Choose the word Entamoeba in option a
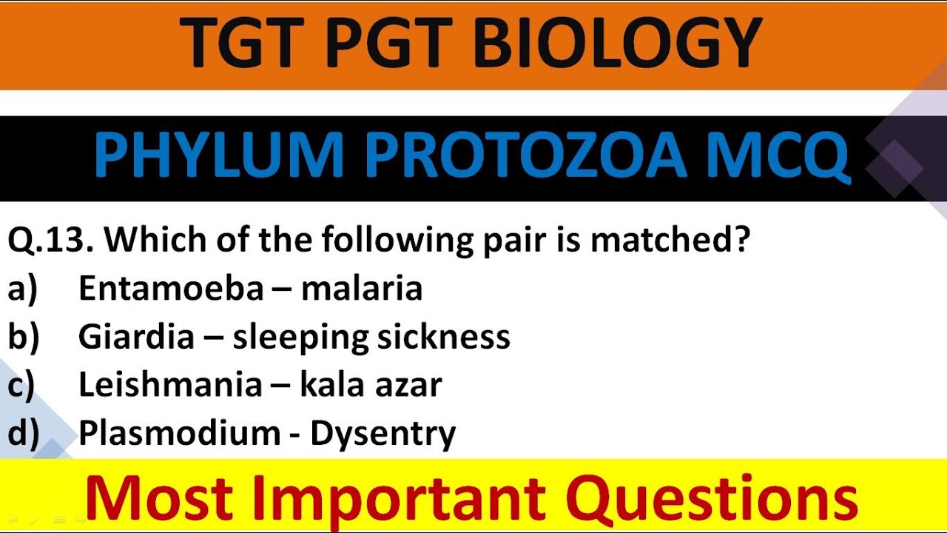pos(171,289)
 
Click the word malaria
pos(362,289)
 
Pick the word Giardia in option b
pos(136,337)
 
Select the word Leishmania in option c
pos(170,385)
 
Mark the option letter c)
pos(22,386)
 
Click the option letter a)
pos(22,289)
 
